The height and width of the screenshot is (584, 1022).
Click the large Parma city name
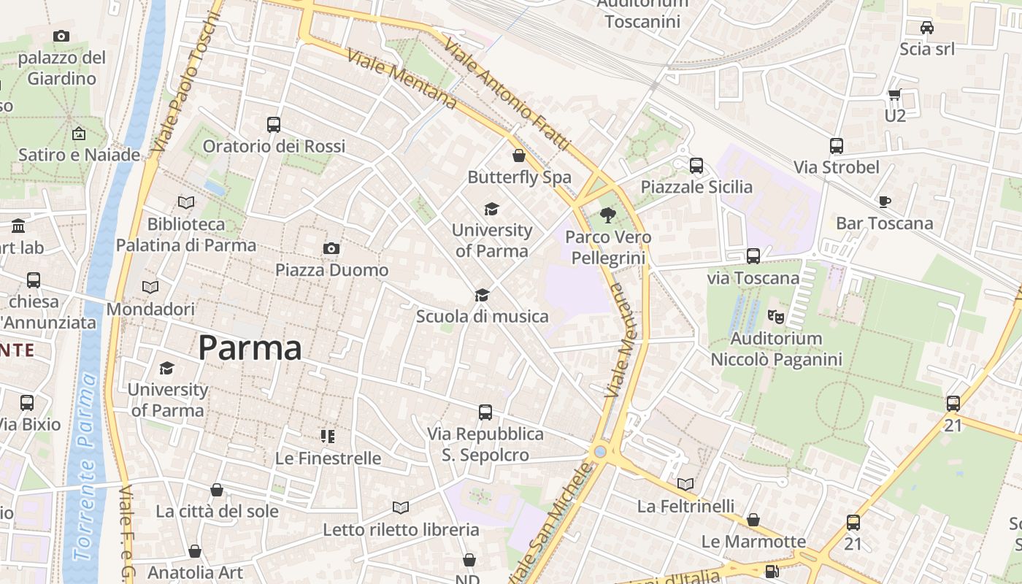coord(250,348)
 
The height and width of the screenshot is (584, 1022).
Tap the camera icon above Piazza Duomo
coord(331,249)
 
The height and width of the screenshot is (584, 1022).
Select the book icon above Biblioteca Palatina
coord(186,202)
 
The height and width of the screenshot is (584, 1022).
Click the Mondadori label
coord(150,310)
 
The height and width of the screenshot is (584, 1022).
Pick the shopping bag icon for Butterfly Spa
coord(518,155)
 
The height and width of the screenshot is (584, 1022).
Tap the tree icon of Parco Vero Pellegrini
coord(607,215)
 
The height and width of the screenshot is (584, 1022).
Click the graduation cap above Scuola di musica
coord(482,295)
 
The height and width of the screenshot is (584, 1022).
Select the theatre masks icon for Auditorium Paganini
coord(775,317)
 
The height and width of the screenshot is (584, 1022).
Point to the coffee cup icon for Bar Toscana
coord(885,201)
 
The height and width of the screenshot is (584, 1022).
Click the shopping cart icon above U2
coord(895,94)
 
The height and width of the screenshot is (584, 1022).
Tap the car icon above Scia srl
coord(926,28)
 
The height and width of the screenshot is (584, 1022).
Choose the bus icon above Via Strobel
coord(837,146)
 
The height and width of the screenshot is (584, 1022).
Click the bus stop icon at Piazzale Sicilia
coord(696,166)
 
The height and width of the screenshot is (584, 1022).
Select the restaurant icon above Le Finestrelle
coord(328,437)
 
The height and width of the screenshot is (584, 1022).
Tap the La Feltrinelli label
coord(685,506)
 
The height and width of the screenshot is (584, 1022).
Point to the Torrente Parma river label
coord(85,467)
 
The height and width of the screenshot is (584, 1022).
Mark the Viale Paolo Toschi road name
coord(185,80)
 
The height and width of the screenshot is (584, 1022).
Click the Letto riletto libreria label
coord(401,529)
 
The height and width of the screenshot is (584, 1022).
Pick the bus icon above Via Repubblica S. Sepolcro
coord(485,412)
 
